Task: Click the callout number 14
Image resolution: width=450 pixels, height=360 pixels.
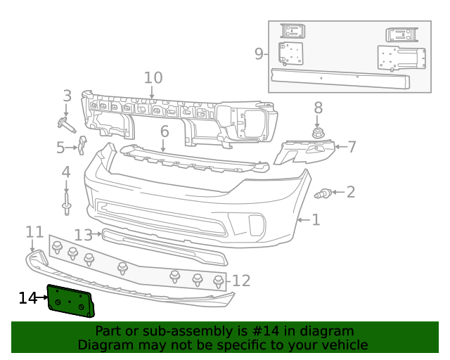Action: [27, 298]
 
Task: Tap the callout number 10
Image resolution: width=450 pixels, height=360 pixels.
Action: [153, 78]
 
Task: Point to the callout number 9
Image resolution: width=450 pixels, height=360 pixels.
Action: [259, 53]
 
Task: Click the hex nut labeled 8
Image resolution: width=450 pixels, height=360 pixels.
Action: [318, 132]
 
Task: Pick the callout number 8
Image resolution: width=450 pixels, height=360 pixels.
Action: [318, 108]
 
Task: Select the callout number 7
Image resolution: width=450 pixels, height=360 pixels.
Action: [352, 147]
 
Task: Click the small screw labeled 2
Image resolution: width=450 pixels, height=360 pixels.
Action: [324, 193]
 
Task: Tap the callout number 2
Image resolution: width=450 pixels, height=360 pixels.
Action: [350, 192]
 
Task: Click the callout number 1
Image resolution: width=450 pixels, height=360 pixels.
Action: [316, 220]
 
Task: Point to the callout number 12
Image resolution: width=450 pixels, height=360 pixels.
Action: [241, 281]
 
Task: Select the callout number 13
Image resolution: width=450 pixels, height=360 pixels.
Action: [83, 234]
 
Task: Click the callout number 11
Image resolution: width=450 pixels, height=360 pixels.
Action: [34, 231]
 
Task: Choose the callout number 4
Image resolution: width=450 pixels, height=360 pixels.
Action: [66, 172]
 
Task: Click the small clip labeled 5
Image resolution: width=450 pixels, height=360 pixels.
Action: [82, 144]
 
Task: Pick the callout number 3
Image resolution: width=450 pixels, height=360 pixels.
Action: [67, 96]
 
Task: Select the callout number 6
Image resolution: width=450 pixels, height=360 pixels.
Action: [165, 131]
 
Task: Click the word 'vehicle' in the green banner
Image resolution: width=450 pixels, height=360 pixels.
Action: [342, 345]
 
